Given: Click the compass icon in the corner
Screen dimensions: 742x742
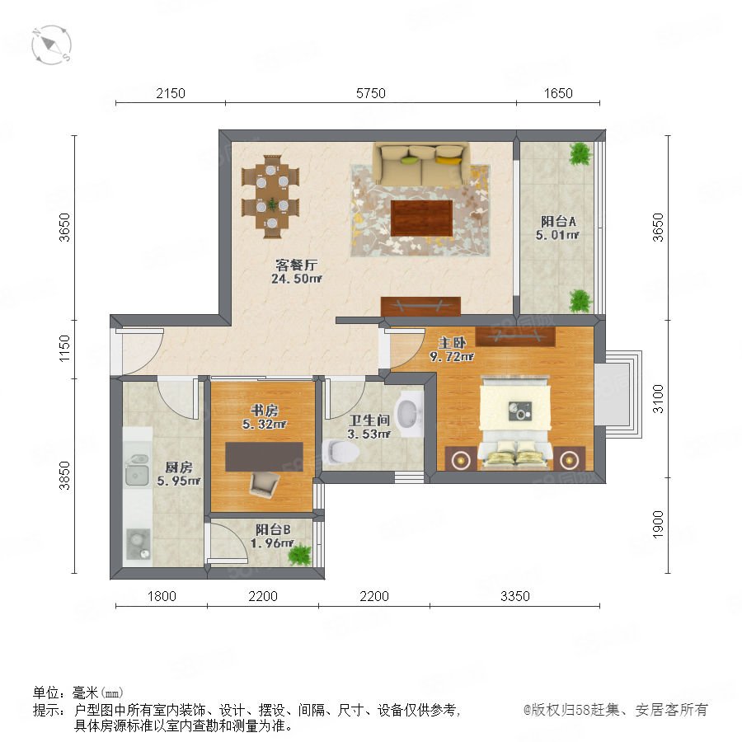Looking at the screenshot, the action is click(51, 45).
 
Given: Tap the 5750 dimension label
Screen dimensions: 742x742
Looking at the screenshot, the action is click(370, 93).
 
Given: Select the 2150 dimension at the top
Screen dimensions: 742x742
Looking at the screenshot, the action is click(171, 93).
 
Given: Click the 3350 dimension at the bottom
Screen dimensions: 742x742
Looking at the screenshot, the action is click(514, 596).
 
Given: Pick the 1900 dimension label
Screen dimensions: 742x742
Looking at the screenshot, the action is click(658, 524).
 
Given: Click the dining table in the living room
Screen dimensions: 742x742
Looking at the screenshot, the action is click(270, 196).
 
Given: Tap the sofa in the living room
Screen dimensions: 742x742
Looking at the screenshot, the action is click(421, 164).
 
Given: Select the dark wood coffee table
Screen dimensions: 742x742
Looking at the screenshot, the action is click(421, 218).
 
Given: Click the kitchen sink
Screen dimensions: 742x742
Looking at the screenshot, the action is click(137, 470).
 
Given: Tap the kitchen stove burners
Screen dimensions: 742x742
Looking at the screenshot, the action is click(139, 544).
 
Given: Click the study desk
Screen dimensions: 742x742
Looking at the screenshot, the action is click(264, 457).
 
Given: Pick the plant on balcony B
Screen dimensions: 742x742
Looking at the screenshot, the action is click(300, 554).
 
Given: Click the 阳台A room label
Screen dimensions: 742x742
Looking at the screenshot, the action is click(558, 221).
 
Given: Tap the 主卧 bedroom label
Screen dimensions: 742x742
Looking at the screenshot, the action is click(452, 343).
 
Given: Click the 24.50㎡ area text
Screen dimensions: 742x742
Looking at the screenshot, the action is click(297, 279).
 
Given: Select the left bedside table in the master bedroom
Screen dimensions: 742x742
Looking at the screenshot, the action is click(460, 458).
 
